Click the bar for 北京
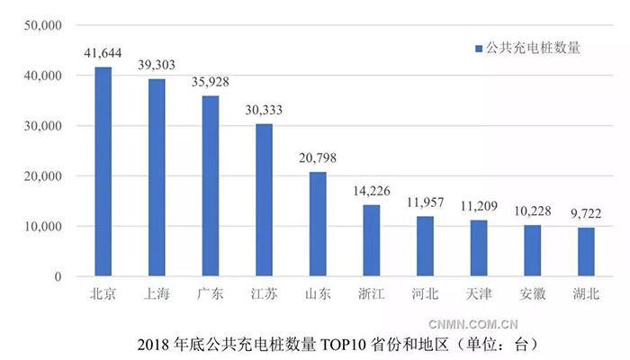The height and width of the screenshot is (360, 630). coord(103,172)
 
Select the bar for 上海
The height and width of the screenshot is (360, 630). coord(157,177)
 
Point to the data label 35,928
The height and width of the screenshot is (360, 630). coord(211,82)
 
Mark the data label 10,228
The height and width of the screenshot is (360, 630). coord(532,210)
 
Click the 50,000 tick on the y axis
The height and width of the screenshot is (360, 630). coord(42,26)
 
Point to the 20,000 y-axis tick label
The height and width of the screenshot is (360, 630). coord(42,176)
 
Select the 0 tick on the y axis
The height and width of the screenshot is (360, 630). coord(57,277)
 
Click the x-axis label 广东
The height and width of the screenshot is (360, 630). coord(211,294)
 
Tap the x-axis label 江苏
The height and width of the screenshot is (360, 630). coord(265,294)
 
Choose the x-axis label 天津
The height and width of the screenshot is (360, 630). coord(479,294)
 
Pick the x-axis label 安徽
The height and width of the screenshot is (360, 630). coord(532,294)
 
